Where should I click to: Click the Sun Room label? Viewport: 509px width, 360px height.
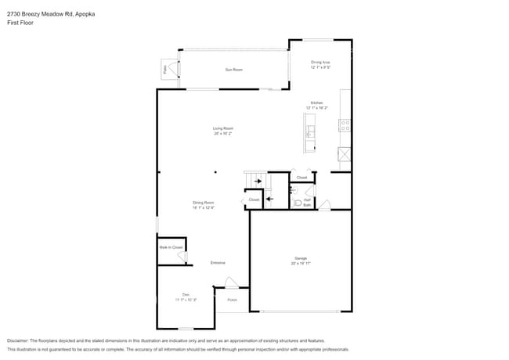(x=233, y=70)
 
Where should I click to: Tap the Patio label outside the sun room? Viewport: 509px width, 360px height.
(x=164, y=70)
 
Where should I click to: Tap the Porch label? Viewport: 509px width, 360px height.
(x=232, y=300)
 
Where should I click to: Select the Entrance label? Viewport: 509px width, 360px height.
(x=218, y=262)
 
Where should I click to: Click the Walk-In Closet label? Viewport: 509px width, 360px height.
(x=171, y=247)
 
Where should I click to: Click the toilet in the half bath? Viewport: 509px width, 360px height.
(x=297, y=203)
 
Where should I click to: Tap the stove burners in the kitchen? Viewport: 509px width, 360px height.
(x=345, y=124)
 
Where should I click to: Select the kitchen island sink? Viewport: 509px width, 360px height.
(x=310, y=131)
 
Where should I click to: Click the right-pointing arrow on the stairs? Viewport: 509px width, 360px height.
(x=257, y=182)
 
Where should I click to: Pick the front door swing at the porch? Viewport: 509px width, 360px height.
(x=231, y=283)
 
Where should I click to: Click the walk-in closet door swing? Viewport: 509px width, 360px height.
(x=182, y=257)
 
